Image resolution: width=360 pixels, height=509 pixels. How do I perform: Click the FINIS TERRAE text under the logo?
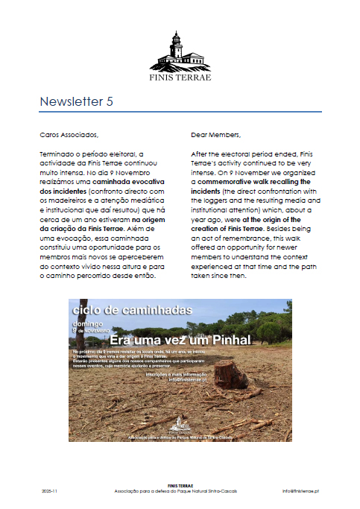[180, 77]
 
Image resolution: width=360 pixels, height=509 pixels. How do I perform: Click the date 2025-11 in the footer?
[51, 492]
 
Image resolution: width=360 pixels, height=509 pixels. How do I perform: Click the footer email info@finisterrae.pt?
[301, 492]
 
